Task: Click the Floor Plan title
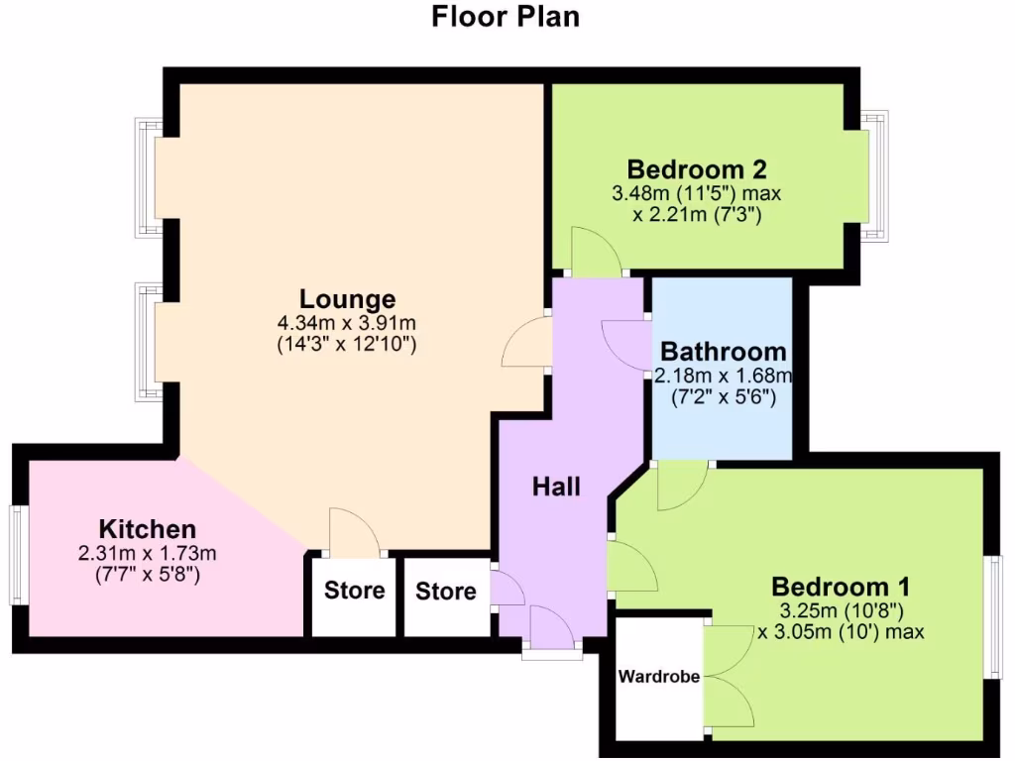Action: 506,17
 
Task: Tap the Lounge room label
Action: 347,298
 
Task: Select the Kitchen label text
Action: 148,528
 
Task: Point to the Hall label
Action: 556,486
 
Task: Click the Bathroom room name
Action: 724,352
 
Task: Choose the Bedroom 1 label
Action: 841,586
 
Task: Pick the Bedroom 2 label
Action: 697,167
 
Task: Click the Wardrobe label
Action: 659,678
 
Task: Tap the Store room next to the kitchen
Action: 354,591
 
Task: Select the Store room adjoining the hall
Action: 445,592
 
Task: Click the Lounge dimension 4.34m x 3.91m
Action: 347,323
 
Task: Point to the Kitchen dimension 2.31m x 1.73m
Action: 147,553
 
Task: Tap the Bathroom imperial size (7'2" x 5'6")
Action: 724,398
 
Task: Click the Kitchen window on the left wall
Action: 17,555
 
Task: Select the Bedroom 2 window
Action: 874,175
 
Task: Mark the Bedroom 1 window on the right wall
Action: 994,616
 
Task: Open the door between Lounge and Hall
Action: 528,344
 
